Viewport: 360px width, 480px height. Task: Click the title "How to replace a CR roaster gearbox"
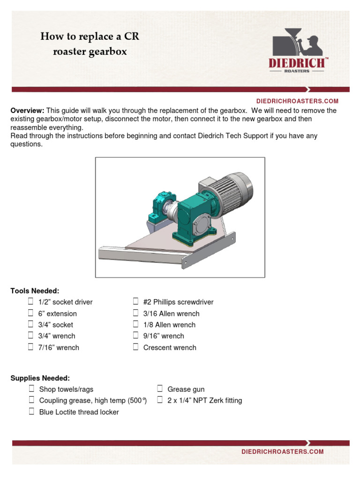click(x=90, y=44)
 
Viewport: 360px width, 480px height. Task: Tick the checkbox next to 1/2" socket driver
click(x=30, y=301)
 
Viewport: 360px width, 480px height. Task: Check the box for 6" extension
click(x=30, y=313)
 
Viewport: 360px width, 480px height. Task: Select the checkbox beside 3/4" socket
click(x=30, y=324)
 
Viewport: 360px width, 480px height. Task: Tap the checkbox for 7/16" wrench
click(x=30, y=347)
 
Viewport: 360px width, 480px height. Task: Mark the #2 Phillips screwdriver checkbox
click(x=135, y=301)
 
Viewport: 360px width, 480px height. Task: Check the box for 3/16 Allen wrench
click(x=135, y=313)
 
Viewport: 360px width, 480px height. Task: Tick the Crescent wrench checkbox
click(x=135, y=347)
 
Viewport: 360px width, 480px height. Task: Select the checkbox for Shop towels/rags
click(x=31, y=389)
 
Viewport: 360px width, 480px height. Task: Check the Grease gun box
click(x=160, y=389)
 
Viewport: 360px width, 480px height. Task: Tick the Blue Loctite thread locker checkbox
click(x=31, y=412)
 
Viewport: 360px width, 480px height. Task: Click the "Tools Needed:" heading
click(x=35, y=291)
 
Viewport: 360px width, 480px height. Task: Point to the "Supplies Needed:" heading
click(x=40, y=378)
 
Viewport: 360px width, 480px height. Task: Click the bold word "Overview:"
click(x=27, y=111)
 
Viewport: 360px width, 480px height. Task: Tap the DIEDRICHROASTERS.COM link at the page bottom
click(x=282, y=451)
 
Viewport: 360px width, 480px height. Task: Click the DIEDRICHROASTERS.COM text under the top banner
click(x=297, y=101)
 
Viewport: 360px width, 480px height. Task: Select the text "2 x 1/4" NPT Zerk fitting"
click(x=204, y=400)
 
